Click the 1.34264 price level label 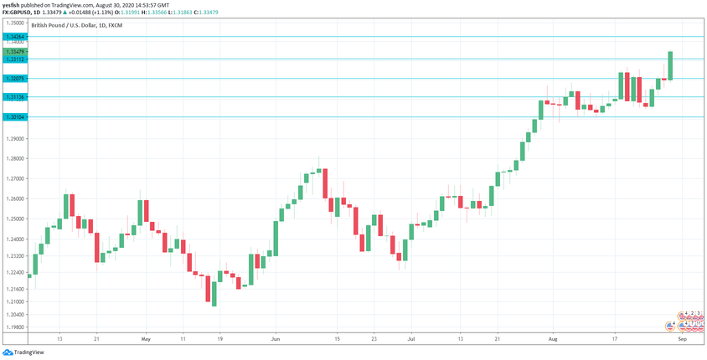click(x=14, y=38)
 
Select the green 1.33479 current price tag click(x=14, y=52)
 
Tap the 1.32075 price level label click(x=14, y=79)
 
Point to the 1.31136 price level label click(x=14, y=98)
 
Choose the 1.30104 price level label click(x=14, y=117)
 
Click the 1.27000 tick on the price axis click(x=14, y=178)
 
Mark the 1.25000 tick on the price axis click(x=14, y=219)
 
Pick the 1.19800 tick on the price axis click(x=14, y=327)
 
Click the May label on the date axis click(x=145, y=339)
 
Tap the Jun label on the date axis click(x=275, y=339)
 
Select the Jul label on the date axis click(x=410, y=339)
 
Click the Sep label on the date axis click(x=683, y=339)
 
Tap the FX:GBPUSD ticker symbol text click(x=18, y=13)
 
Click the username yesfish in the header click(x=11, y=4)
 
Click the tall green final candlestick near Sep click(x=671, y=65)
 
